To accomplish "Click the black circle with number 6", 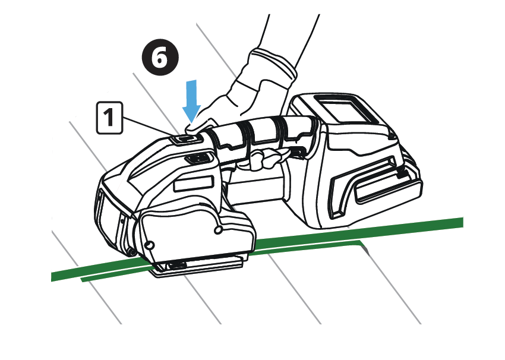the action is tap(160, 58).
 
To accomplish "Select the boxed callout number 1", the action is tap(109, 118).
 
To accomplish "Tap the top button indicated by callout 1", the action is tap(186, 139).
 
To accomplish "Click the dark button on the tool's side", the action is tap(197, 158).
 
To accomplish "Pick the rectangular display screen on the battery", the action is tap(347, 112).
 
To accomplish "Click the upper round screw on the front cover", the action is tap(219, 229).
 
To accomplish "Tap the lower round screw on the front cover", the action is tap(149, 245).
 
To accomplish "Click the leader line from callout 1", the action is tap(150, 127).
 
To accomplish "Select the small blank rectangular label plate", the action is tap(193, 184).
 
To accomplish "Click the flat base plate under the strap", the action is tap(197, 267).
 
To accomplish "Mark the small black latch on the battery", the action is tap(402, 173).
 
